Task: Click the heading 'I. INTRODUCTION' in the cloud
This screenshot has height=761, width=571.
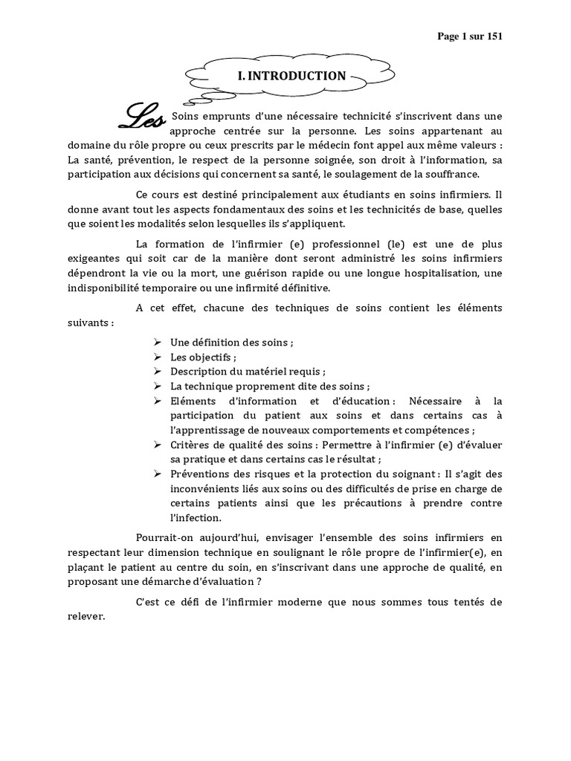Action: point(291,76)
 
